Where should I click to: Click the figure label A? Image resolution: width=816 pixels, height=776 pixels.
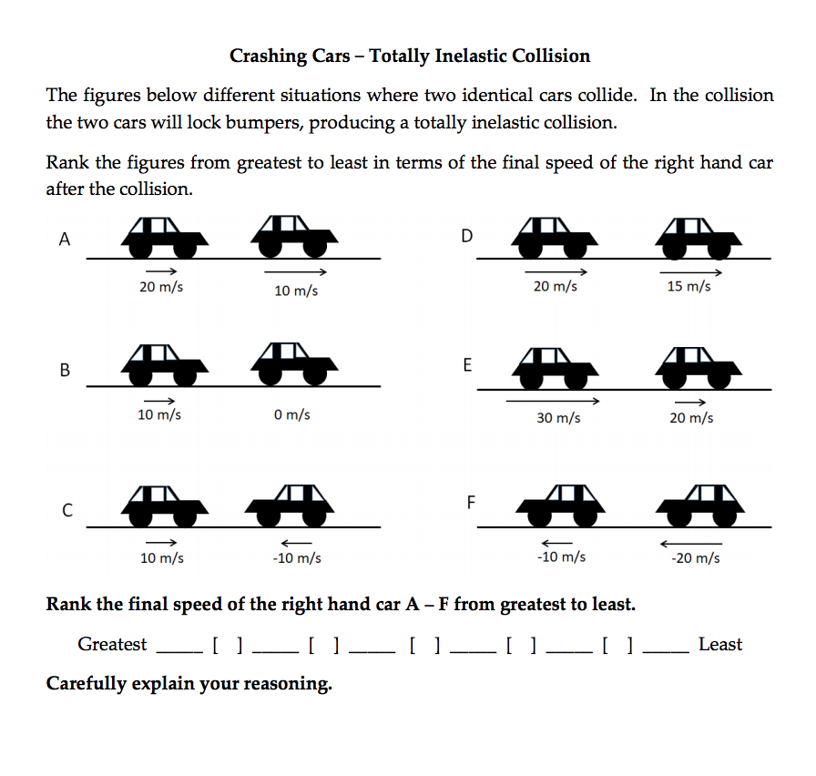point(64,240)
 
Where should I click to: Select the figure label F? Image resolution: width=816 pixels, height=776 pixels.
point(471,502)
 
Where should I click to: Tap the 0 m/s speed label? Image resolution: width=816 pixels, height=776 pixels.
point(291,414)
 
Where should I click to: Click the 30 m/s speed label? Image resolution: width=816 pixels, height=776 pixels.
point(559,418)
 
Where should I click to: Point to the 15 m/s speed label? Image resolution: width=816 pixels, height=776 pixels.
point(689,286)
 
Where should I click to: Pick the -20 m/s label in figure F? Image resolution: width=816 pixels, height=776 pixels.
point(695,557)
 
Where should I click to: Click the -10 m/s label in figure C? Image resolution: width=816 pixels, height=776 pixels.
point(297,557)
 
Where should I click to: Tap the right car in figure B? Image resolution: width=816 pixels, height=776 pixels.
point(293,364)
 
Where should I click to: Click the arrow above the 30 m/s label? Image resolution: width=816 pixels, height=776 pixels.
point(552,401)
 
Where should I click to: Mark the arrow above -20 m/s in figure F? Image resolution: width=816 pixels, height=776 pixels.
point(690,543)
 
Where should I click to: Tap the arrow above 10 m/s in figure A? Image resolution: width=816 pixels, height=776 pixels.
point(295,272)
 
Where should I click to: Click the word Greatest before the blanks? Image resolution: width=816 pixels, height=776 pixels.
point(112,645)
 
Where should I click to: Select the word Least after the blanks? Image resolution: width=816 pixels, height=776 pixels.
point(720,645)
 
